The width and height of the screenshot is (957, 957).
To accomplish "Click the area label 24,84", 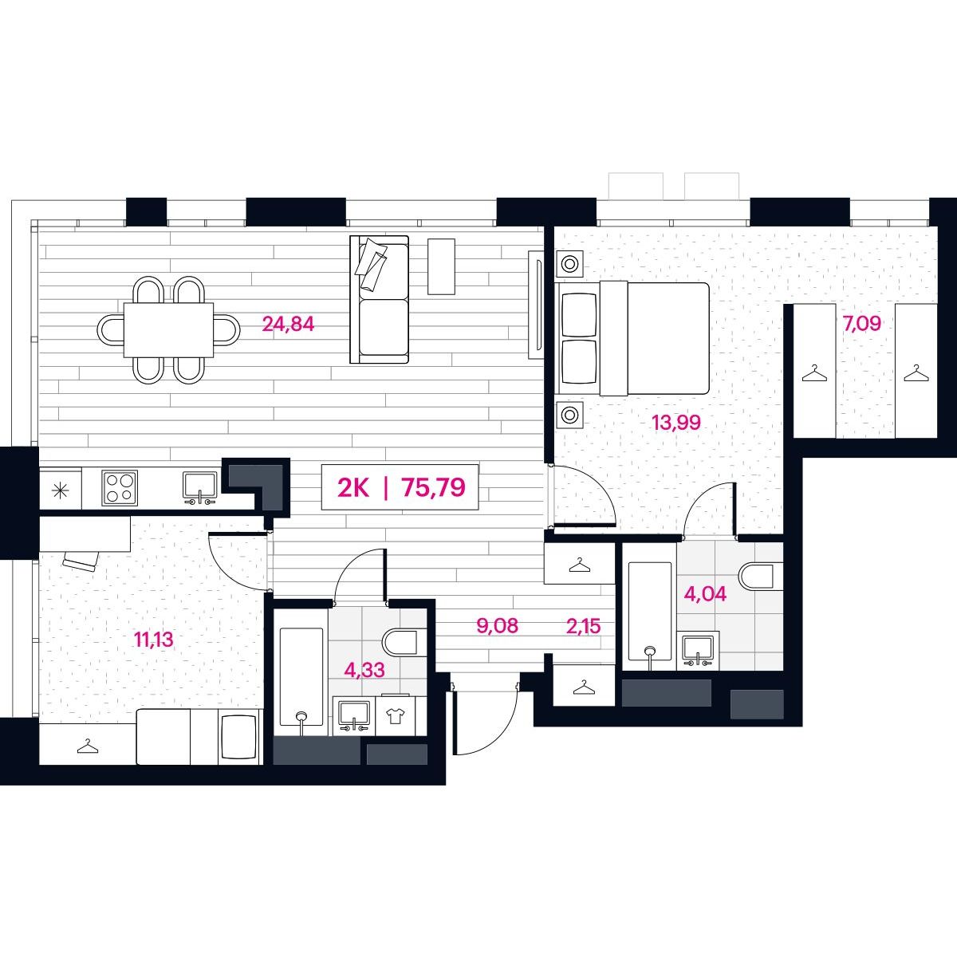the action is pos(288,325).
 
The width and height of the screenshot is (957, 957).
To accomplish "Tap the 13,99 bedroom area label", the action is pos(676,423).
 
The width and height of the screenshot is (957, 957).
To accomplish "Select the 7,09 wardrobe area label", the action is pos(861,324).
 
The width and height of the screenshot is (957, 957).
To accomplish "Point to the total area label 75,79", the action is pos(434,487).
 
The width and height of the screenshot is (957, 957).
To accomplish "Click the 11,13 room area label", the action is pos(154,640).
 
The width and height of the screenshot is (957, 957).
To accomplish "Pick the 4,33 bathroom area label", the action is pos(364,670).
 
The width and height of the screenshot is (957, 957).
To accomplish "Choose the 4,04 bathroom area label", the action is pos(705,593).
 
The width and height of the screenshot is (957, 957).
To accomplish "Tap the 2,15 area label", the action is pos(584,626).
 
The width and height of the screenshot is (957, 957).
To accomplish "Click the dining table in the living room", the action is pos(168,329).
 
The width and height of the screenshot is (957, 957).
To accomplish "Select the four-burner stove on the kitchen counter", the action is pos(120,488).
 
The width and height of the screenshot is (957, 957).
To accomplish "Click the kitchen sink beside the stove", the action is pos(199,488).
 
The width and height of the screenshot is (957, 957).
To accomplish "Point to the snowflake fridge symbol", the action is pos(60,491).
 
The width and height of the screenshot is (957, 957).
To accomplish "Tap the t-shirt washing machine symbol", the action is pos(396,716).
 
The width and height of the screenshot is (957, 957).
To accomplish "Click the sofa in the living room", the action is pos(380,300).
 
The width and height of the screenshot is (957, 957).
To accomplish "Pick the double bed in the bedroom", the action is pos(632,339).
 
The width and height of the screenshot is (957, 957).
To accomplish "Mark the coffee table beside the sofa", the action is pos(441,266).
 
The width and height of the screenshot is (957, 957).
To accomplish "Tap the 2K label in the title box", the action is pos(353,488).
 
